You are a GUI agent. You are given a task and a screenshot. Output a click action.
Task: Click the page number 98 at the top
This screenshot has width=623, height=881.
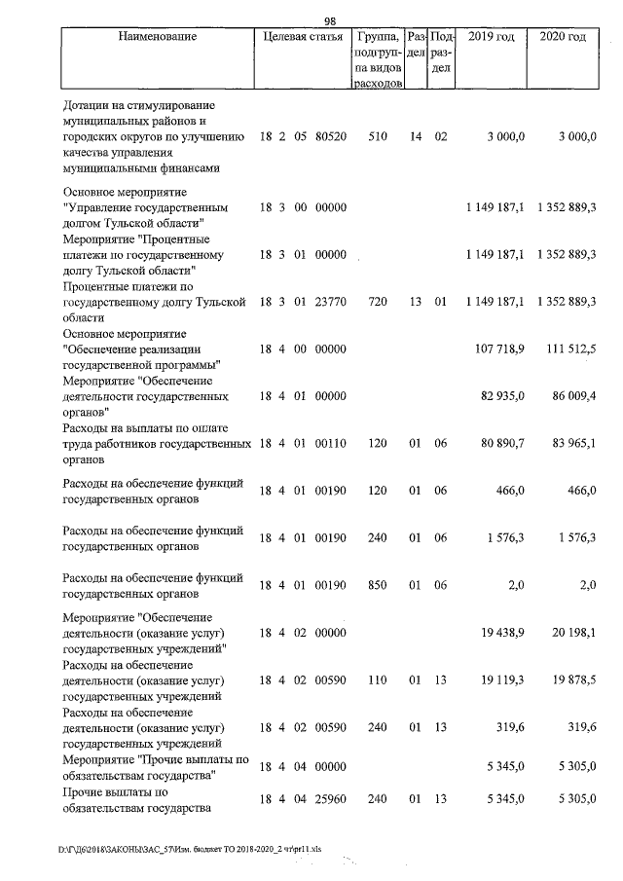330,21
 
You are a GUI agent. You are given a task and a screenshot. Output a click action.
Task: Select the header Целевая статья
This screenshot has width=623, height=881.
303,37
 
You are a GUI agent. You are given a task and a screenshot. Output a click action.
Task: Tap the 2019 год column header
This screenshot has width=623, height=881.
492,37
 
